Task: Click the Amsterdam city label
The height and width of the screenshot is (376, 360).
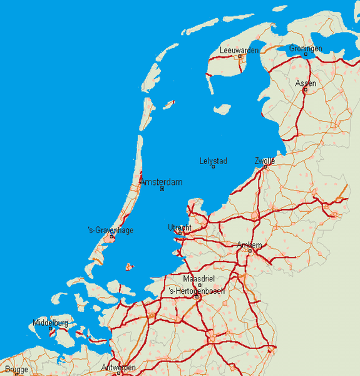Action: (162, 182)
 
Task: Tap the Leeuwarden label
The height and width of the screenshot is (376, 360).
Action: (239, 50)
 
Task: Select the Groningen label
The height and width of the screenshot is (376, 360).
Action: (306, 48)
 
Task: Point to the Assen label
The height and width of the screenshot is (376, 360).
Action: (306, 83)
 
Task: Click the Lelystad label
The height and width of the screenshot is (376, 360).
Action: (213, 161)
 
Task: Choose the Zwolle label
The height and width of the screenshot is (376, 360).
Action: (265, 161)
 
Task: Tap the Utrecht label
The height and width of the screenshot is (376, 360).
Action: (180, 227)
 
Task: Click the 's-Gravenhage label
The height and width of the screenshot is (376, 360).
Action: (111, 230)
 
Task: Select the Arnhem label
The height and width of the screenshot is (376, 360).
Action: (250, 245)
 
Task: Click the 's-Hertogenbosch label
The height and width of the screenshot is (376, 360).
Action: (197, 291)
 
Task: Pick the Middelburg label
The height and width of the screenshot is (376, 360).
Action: (50, 323)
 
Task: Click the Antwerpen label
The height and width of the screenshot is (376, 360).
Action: (118, 367)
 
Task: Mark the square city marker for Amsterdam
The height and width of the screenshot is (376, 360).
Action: (162, 189)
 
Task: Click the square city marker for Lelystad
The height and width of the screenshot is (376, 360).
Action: (213, 167)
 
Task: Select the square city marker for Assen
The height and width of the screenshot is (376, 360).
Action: (306, 90)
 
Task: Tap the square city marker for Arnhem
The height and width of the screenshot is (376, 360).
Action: (249, 251)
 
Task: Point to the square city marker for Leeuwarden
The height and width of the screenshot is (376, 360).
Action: (240, 56)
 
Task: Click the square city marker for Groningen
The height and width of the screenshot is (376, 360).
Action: (306, 55)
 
